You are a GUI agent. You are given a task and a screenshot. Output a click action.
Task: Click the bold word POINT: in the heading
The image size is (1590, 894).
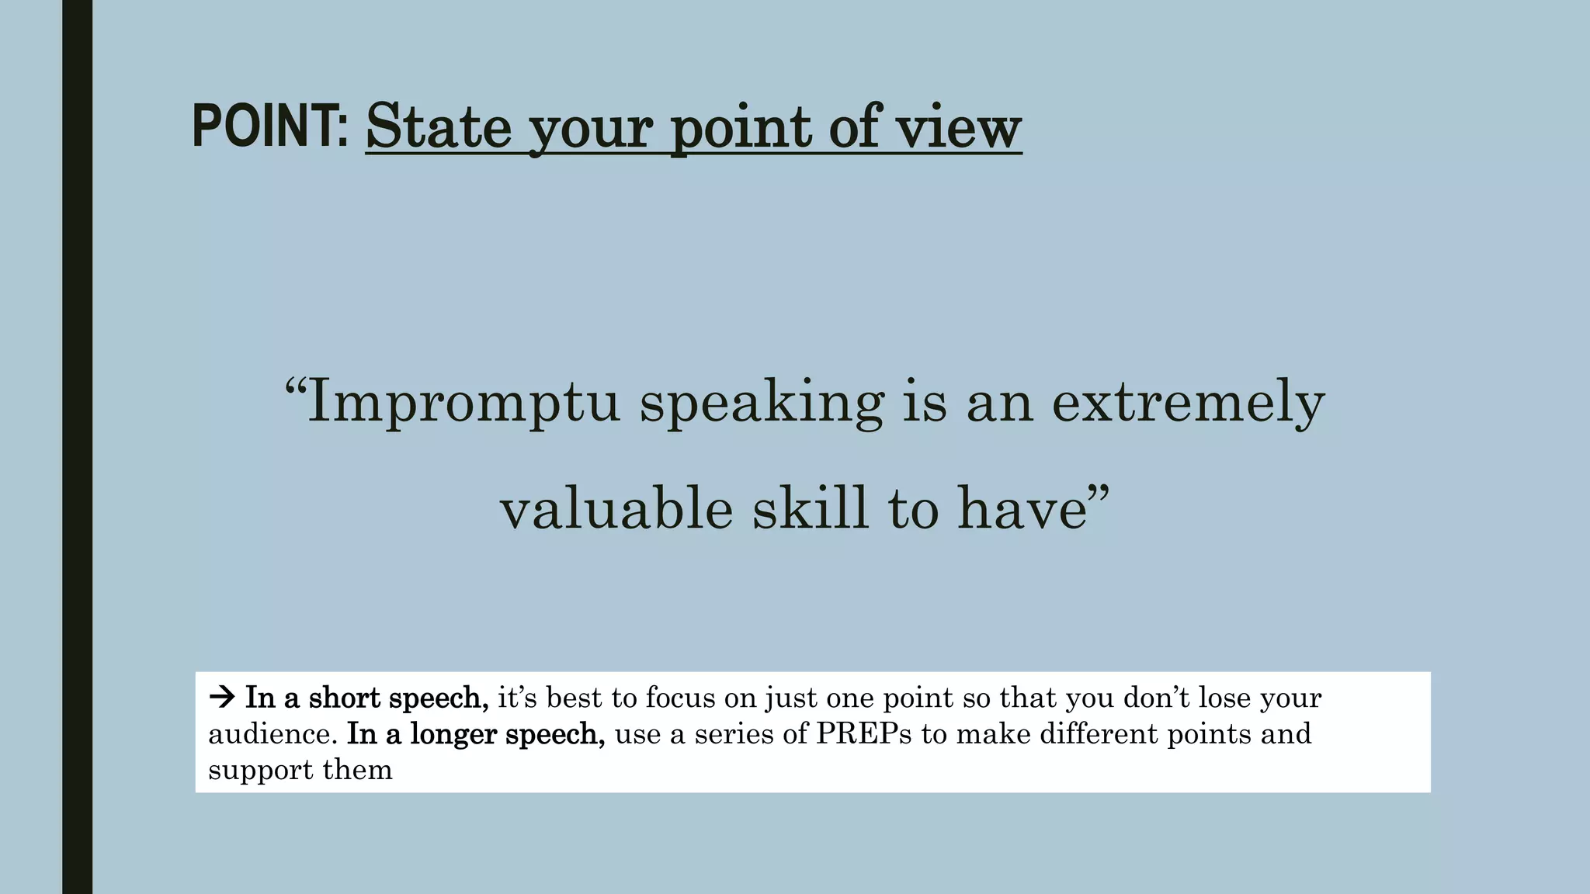(x=270, y=126)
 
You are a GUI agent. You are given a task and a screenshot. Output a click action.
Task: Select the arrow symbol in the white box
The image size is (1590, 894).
(x=222, y=698)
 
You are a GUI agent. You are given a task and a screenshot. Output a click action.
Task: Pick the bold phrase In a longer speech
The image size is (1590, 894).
(x=475, y=734)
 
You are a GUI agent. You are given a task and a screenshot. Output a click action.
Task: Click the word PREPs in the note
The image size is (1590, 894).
(x=863, y=734)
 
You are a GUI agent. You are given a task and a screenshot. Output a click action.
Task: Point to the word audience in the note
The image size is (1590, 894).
(x=272, y=734)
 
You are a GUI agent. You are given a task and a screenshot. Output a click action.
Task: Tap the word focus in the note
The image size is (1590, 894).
(x=681, y=698)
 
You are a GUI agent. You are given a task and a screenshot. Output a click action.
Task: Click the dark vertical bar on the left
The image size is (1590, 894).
(x=77, y=447)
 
